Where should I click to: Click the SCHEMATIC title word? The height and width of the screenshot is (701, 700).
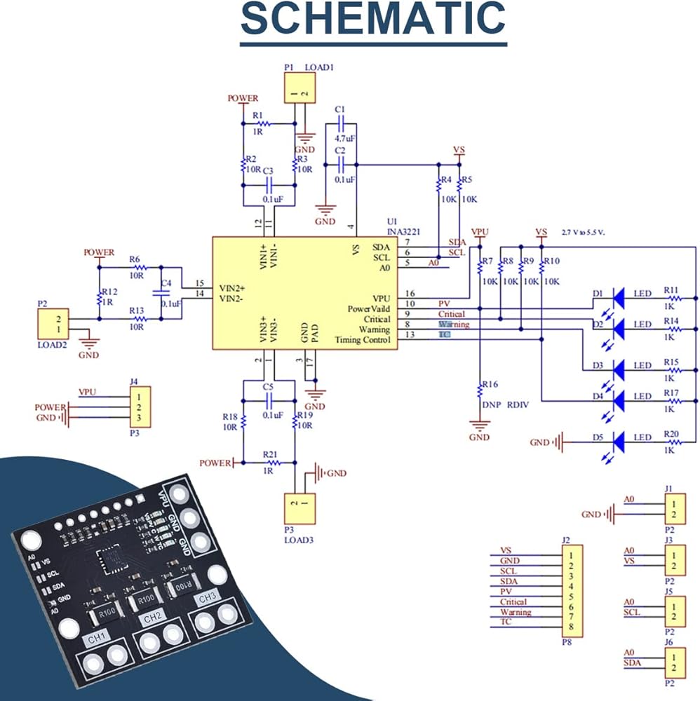pos(373,20)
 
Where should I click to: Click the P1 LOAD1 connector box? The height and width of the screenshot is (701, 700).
pos(299,90)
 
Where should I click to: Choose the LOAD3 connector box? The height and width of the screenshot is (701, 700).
pos(299,507)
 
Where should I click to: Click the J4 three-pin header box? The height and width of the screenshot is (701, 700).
pos(138,407)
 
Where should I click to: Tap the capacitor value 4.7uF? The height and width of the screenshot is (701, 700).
pos(344,139)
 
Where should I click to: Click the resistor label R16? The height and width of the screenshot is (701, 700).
pos(489,384)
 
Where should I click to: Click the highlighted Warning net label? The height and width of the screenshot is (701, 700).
pos(454,325)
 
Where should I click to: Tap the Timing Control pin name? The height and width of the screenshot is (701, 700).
pos(365,339)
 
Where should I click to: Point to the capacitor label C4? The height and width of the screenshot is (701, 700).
pos(166,283)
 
